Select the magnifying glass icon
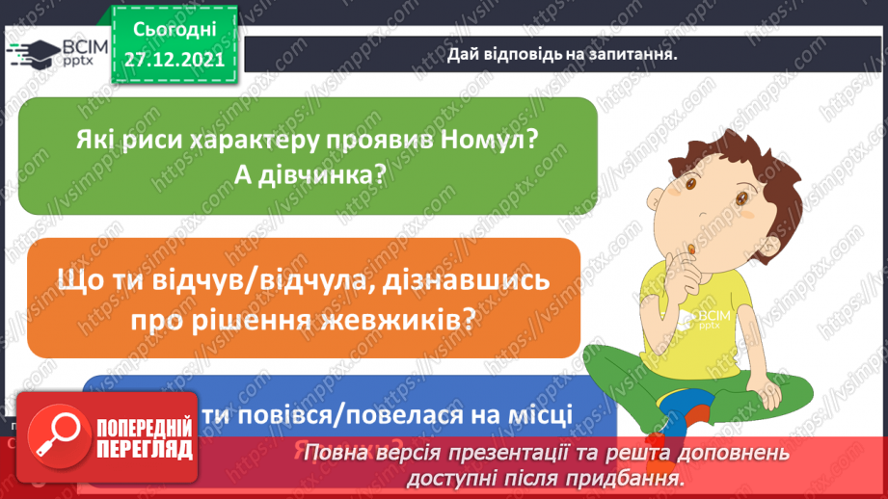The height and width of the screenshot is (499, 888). point(56,435)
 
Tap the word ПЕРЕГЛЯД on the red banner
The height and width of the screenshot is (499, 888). point(145,449)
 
